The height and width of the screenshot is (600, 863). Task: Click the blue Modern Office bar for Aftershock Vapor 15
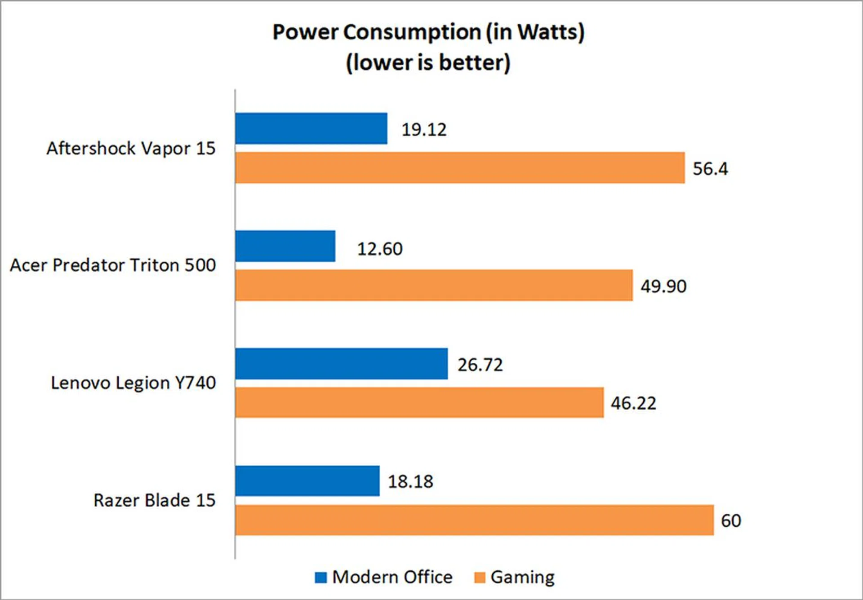click(311, 128)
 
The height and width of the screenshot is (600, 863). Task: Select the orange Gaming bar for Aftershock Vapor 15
click(460, 168)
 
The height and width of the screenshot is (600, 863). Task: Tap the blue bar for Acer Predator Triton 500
click(285, 246)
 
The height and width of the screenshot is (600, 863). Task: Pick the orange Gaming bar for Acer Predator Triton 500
click(434, 285)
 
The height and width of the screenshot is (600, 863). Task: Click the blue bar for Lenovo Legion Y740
click(341, 364)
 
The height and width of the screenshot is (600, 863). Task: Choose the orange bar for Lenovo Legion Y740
click(419, 402)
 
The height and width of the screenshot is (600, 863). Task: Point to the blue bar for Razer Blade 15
click(307, 481)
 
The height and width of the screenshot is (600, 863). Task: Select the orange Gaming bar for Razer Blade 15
click(474, 520)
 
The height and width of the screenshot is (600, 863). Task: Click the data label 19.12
click(424, 130)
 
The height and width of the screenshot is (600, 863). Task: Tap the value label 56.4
click(710, 169)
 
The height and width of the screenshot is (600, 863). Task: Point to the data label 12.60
click(380, 249)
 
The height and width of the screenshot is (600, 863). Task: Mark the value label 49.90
click(663, 287)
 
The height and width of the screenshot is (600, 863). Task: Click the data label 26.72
click(480, 365)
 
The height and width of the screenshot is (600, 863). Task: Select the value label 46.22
click(633, 403)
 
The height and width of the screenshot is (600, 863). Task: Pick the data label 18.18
click(410, 482)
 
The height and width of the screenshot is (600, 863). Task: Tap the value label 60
click(731, 521)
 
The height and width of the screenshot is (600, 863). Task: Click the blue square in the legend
click(321, 578)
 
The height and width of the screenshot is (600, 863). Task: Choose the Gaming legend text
click(522, 578)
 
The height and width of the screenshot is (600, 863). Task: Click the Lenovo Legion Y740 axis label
click(133, 383)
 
